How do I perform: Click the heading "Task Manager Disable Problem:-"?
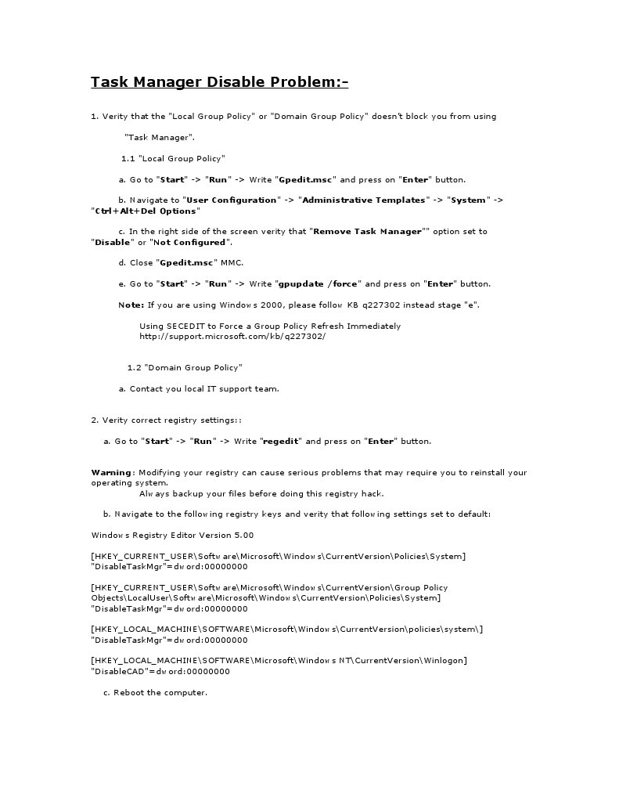pyautogui.click(x=219, y=82)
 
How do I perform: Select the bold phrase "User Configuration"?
pyautogui.click(x=231, y=200)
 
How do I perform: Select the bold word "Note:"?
pyautogui.click(x=131, y=305)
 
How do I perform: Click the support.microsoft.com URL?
pyautogui.click(x=232, y=336)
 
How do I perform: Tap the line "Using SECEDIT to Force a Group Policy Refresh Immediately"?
pyautogui.click(x=270, y=326)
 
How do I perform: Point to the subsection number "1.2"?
pyautogui.click(x=134, y=367)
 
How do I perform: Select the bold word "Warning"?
pyautogui.click(x=112, y=472)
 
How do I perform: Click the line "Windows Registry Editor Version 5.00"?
pyautogui.click(x=172, y=535)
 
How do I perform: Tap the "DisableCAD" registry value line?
pyautogui.click(x=160, y=671)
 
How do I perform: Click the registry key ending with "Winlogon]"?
pyautogui.click(x=279, y=660)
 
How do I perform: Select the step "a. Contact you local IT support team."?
pyautogui.click(x=199, y=388)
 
